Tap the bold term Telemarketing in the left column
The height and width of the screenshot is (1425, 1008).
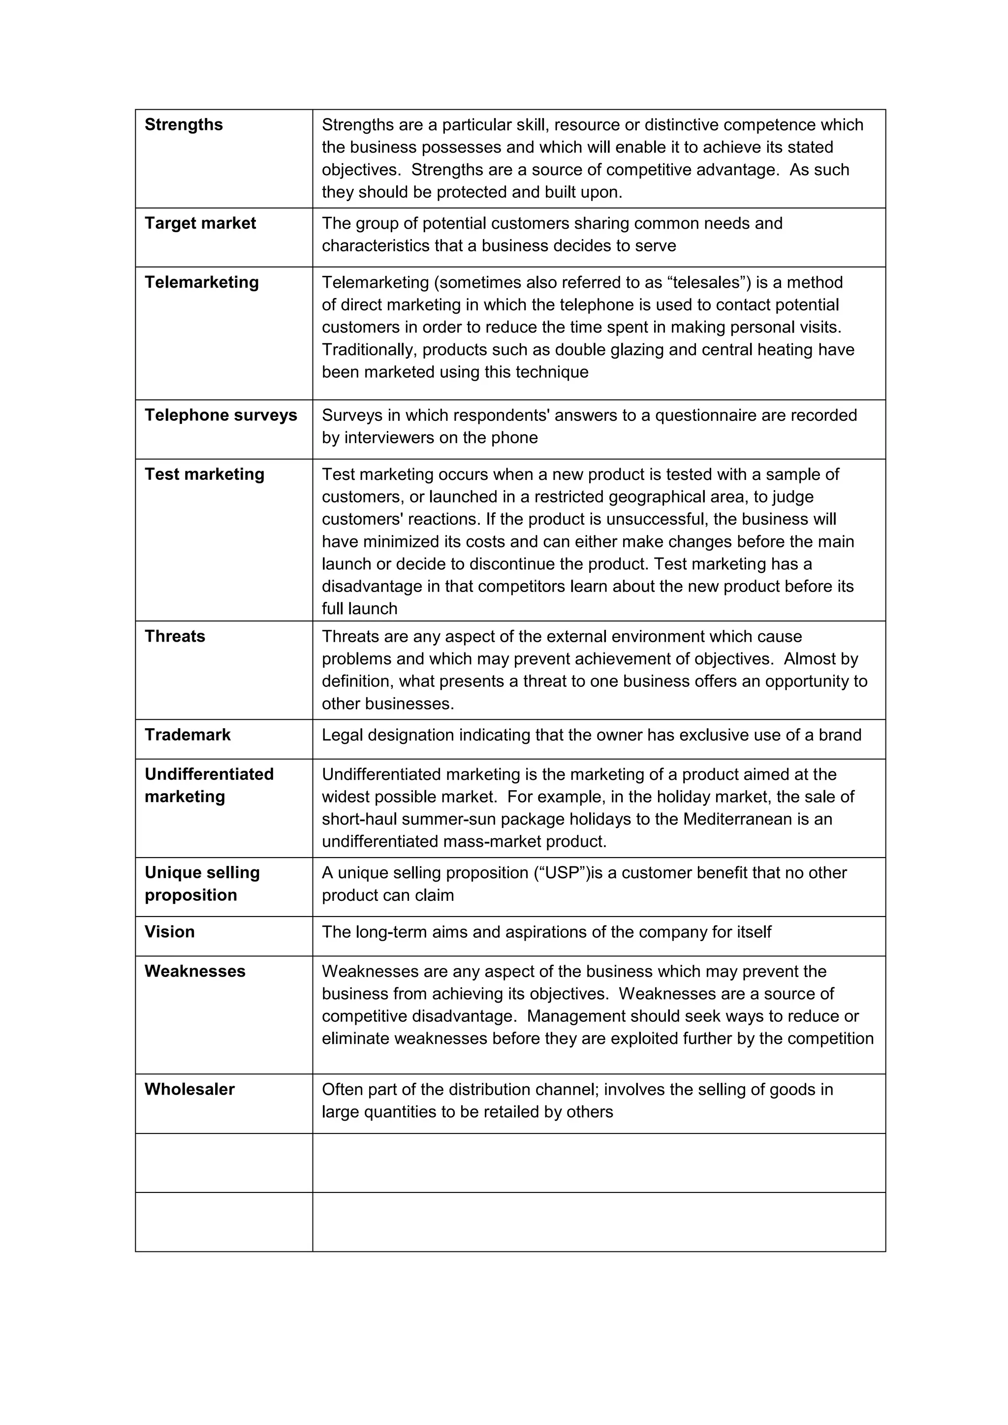click(201, 282)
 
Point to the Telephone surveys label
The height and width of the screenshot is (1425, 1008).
click(220, 415)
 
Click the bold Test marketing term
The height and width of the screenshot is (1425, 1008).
click(204, 474)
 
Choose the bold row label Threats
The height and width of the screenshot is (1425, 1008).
click(175, 636)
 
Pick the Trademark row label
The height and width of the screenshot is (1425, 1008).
click(187, 735)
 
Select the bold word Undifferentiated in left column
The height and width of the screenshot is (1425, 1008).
click(209, 774)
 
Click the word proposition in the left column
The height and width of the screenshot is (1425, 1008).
click(190, 895)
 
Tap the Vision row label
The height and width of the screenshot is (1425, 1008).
click(169, 932)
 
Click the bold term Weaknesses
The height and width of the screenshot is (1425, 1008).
click(195, 971)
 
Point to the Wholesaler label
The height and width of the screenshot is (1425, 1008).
click(189, 1089)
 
